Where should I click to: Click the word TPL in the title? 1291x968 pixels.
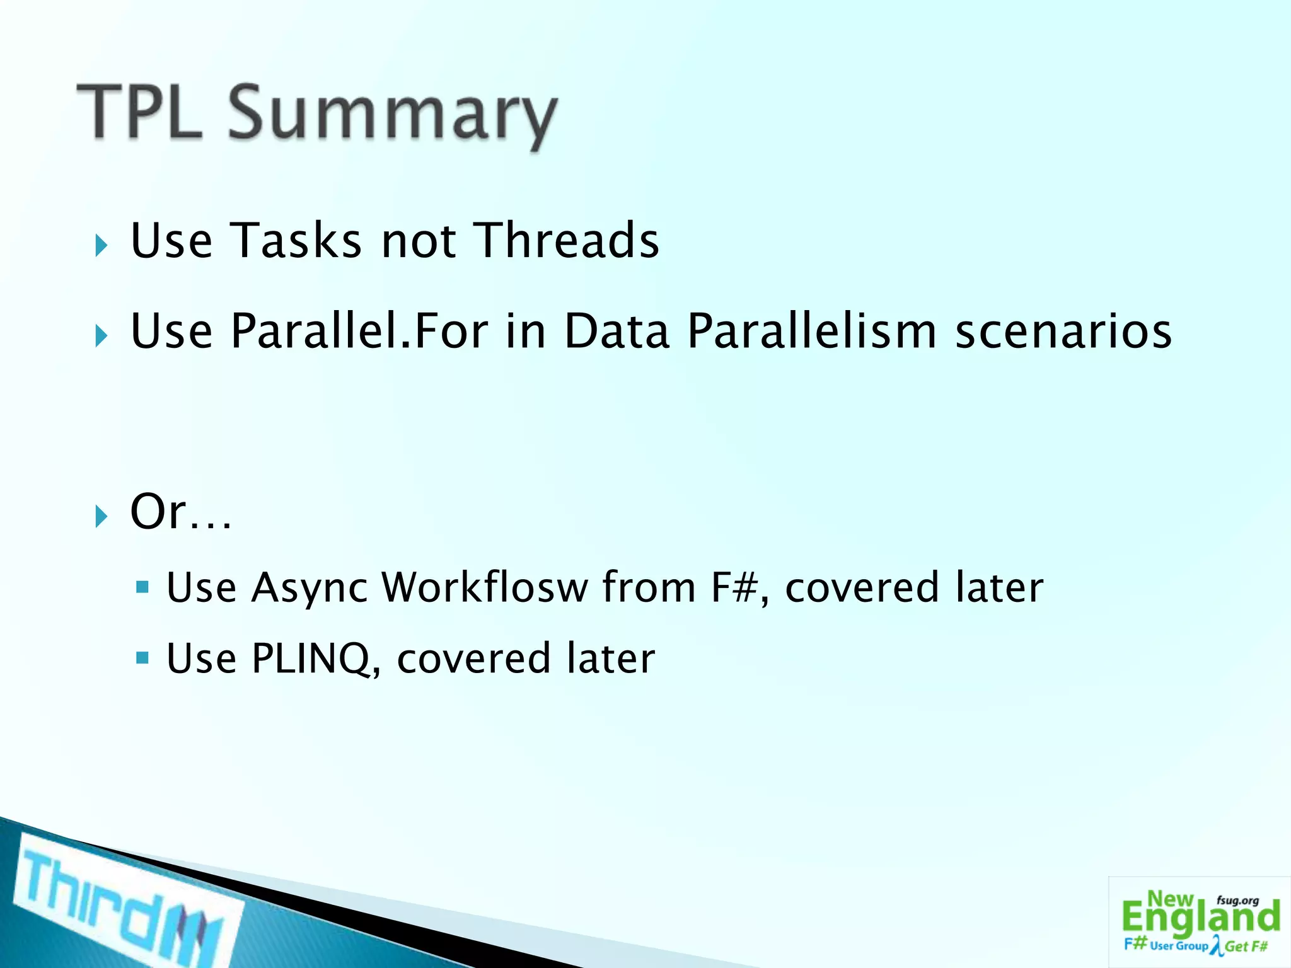[140, 112]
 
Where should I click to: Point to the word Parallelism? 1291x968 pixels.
[812, 331]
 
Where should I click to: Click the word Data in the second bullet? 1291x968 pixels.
[616, 331]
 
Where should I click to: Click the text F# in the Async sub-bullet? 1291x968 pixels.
[734, 587]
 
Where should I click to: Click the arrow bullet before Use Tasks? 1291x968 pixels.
[101, 245]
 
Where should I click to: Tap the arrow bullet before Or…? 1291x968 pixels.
[101, 516]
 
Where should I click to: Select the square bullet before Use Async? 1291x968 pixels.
[142, 587]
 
